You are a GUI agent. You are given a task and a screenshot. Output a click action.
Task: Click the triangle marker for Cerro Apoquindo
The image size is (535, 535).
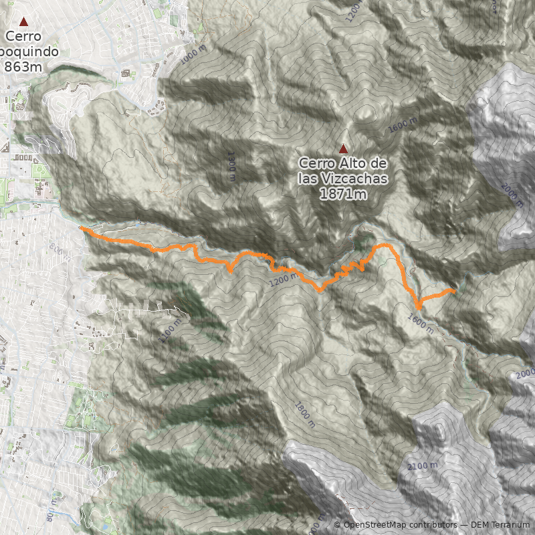[x=24, y=22]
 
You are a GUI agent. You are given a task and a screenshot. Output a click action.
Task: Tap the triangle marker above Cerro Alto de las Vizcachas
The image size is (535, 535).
[x=344, y=149]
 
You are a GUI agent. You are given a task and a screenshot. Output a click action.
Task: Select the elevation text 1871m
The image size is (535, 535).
[x=343, y=194]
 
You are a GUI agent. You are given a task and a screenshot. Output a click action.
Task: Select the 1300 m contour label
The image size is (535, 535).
[x=231, y=167]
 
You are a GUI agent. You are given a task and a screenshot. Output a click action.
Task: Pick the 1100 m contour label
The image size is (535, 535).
[x=171, y=330]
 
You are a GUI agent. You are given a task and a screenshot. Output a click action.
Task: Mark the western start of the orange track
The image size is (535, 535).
[x=82, y=228]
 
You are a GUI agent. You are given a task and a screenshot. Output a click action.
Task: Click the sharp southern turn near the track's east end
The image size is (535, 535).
[x=419, y=306]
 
